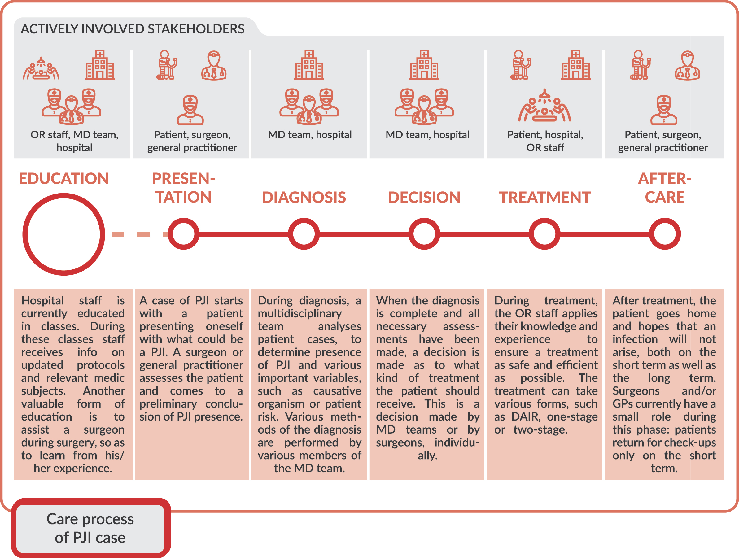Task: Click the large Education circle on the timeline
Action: (63, 234)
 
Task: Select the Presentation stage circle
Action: (183, 234)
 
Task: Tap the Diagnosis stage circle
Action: (304, 234)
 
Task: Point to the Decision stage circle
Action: (424, 234)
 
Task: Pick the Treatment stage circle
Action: (544, 234)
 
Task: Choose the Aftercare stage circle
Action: (664, 234)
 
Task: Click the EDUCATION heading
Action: (63, 179)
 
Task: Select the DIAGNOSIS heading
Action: (304, 197)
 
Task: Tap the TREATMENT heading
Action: (544, 197)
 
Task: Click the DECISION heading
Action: (424, 197)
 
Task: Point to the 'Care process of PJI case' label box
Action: (90, 528)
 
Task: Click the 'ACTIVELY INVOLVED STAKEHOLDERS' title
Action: (133, 29)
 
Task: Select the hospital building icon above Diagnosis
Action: (309, 65)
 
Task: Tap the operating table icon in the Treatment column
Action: (544, 106)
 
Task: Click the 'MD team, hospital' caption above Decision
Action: (427, 135)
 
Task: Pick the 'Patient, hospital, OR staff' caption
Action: (545, 141)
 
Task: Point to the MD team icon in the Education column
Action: (72, 106)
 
